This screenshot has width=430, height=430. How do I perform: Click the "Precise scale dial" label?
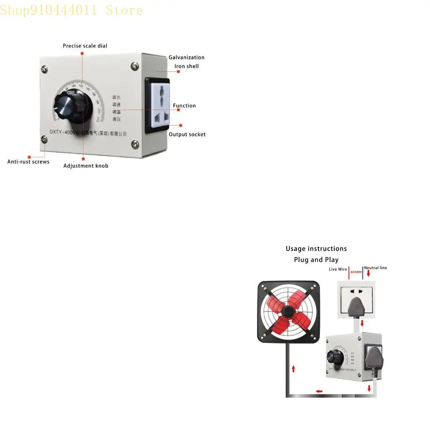click(x=85, y=46)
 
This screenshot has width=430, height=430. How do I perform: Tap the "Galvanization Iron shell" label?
click(x=186, y=62)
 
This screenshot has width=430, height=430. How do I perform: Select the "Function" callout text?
click(x=184, y=106)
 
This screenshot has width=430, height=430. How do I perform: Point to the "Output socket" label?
click(x=187, y=134)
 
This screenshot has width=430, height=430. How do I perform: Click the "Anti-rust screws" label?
click(x=28, y=162)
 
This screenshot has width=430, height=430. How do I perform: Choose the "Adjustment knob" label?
click(x=86, y=166)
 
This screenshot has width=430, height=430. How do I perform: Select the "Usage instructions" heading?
click(x=316, y=249)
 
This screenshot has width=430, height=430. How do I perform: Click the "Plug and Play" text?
click(x=316, y=260)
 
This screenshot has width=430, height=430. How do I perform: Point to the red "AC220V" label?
click(x=356, y=272)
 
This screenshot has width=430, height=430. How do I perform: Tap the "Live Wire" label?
click(x=338, y=269)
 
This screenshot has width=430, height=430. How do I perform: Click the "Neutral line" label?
click(x=375, y=268)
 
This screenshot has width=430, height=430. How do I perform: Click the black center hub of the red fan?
click(x=288, y=311)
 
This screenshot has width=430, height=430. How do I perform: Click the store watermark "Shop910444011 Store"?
click(x=71, y=10)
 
